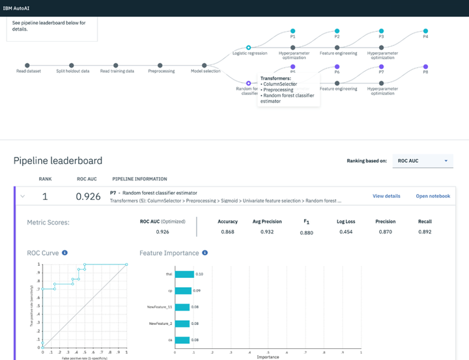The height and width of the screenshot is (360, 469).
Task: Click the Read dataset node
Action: (27, 65)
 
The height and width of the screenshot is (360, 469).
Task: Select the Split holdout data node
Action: (72, 65)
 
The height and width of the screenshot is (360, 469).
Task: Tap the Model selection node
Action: (205, 65)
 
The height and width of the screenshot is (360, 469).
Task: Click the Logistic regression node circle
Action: (249, 47)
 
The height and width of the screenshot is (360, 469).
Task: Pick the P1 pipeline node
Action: (292, 31)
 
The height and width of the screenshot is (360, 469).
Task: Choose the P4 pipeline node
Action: (425, 31)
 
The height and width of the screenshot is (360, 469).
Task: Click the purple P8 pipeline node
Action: (425, 66)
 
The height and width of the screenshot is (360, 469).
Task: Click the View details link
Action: (386, 196)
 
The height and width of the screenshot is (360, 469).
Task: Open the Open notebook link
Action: (433, 196)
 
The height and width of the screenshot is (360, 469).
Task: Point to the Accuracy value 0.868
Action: (227, 232)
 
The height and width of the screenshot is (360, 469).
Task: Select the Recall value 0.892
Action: (425, 232)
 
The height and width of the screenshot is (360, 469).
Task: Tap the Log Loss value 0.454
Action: (345, 232)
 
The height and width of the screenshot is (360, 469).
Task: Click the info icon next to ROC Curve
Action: (65, 253)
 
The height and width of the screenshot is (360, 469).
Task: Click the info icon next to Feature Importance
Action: (205, 253)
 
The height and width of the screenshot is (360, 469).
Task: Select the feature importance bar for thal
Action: (184, 274)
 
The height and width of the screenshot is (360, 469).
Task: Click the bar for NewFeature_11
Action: (182, 307)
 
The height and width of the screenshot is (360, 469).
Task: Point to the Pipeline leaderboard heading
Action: (58, 160)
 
